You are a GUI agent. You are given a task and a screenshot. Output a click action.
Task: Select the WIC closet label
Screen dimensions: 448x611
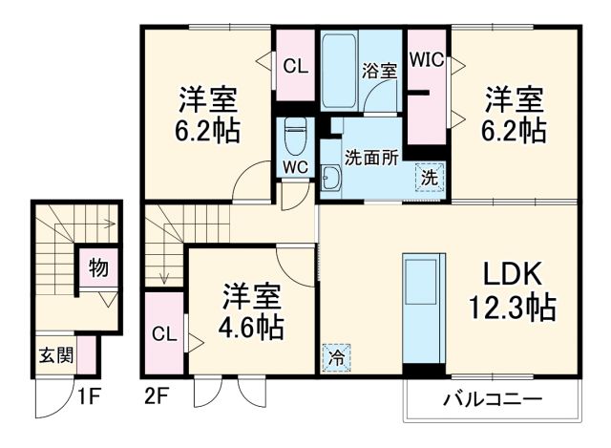pyautogui.click(x=427, y=59)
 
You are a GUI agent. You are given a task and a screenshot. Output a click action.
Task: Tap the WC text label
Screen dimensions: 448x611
pyautogui.click(x=294, y=165)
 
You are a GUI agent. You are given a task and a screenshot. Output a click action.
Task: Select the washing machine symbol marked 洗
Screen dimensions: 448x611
pyautogui.click(x=431, y=176)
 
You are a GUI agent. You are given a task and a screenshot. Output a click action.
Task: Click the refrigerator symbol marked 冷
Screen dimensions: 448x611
pyautogui.click(x=337, y=358)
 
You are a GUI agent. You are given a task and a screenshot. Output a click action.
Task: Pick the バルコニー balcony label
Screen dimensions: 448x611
pyautogui.click(x=491, y=398)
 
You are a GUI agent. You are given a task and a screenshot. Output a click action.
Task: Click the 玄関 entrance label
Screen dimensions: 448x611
pyautogui.click(x=53, y=356)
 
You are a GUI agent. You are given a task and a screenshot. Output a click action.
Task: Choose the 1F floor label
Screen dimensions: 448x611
pyautogui.click(x=89, y=394)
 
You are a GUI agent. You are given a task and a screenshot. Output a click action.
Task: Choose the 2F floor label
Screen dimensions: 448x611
pyautogui.click(x=158, y=394)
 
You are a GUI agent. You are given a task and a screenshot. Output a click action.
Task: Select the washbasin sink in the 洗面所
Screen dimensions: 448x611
pyautogui.click(x=331, y=178)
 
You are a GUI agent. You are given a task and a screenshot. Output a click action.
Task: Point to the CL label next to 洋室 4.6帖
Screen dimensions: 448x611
pyautogui.click(x=162, y=334)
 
